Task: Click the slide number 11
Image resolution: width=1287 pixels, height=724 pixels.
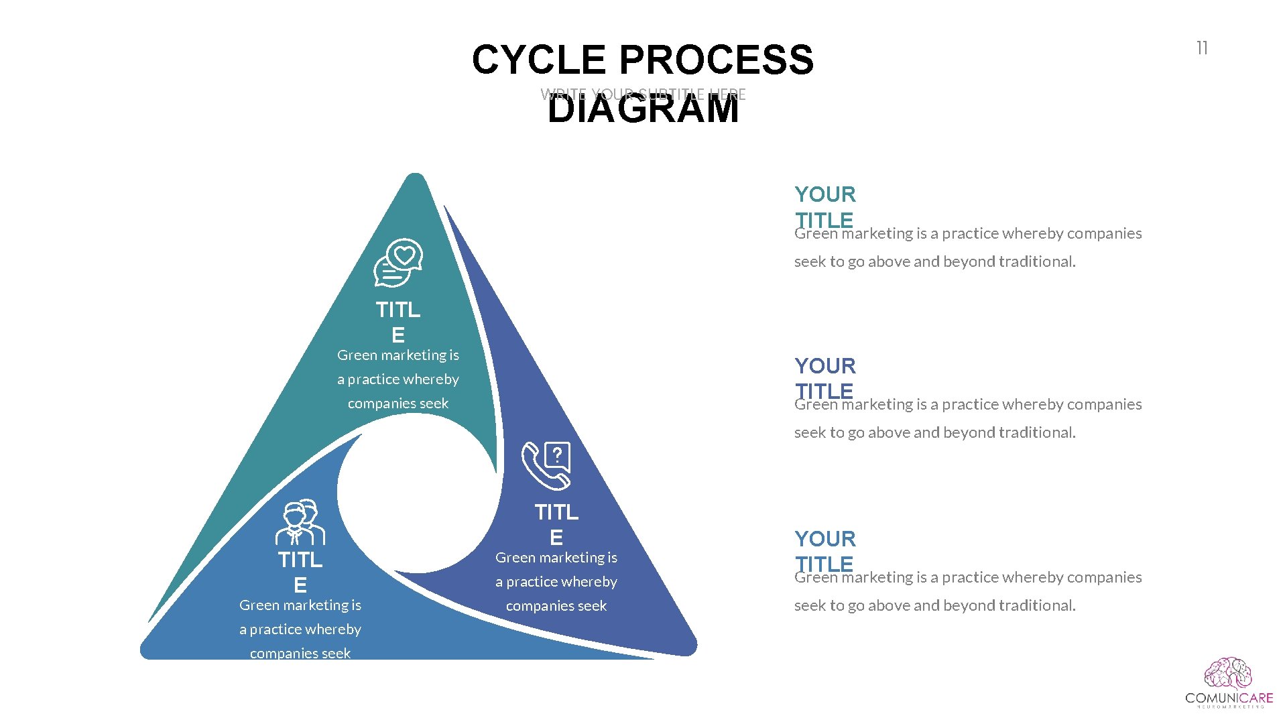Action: pyautogui.click(x=1202, y=48)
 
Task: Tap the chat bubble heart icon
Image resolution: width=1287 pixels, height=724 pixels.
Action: pyautogui.click(x=398, y=263)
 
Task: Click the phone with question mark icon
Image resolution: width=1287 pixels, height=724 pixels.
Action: pyautogui.click(x=546, y=466)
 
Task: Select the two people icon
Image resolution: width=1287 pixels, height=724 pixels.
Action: pyautogui.click(x=300, y=522)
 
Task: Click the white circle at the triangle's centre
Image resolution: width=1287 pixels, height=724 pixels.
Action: pyautogui.click(x=417, y=493)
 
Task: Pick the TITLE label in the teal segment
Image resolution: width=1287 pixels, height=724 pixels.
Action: pyautogui.click(x=398, y=322)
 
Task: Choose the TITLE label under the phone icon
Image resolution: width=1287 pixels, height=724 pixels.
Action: pyautogui.click(x=556, y=524)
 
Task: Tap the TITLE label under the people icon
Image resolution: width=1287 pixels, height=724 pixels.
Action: pyautogui.click(x=300, y=572)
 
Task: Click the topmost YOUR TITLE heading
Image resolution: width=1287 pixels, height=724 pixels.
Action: pyautogui.click(x=825, y=206)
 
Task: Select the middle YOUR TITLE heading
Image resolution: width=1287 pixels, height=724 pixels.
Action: pyautogui.click(x=825, y=378)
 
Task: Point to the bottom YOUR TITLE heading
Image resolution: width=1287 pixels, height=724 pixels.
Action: pyautogui.click(x=825, y=551)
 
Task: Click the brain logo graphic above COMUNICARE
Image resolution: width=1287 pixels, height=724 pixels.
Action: pyautogui.click(x=1228, y=674)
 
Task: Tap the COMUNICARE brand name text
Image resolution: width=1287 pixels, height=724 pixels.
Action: pyautogui.click(x=1229, y=698)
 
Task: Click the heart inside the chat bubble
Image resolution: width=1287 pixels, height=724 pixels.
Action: pyautogui.click(x=404, y=255)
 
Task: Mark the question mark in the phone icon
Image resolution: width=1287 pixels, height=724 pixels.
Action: pyautogui.click(x=557, y=456)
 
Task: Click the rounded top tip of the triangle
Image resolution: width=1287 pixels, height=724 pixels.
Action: pyautogui.click(x=416, y=180)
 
